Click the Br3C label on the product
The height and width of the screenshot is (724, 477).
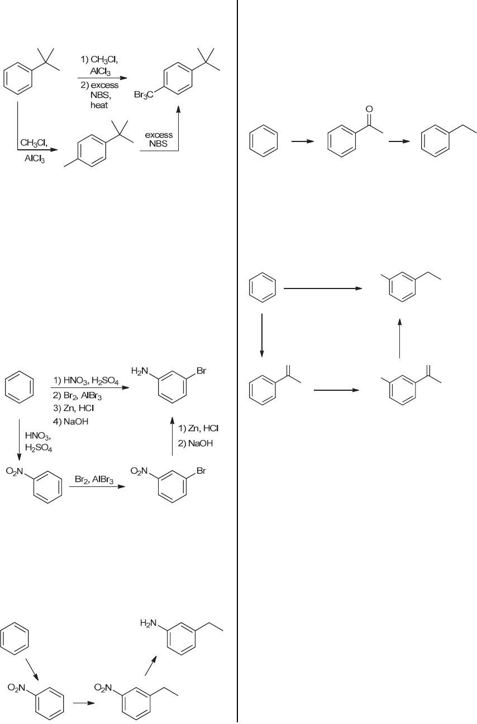145,96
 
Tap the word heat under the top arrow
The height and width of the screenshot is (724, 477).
99,105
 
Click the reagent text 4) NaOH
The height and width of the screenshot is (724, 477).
69,421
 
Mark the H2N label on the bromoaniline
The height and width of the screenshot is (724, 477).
140,371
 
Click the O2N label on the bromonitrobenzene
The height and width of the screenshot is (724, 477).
139,472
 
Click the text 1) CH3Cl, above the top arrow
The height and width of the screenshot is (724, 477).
100,59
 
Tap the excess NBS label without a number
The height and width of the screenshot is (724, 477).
159,139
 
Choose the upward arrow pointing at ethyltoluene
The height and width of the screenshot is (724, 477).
400,338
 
